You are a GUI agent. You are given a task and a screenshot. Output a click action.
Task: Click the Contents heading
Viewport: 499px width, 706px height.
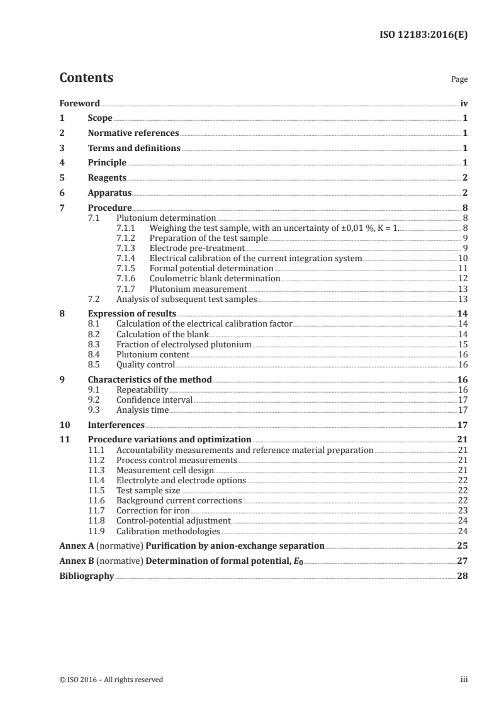[86, 78]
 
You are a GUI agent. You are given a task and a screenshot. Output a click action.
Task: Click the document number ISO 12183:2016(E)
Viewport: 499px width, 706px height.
[423, 35]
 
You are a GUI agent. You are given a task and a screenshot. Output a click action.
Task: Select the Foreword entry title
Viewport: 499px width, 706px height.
[79, 103]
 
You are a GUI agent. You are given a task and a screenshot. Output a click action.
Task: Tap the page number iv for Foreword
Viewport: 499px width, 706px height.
[464, 103]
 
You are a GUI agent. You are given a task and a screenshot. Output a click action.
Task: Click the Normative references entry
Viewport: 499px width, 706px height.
[133, 133]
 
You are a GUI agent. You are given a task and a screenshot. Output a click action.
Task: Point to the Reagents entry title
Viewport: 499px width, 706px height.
[107, 178]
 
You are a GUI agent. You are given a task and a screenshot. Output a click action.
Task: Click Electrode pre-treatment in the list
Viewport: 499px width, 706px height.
[196, 249]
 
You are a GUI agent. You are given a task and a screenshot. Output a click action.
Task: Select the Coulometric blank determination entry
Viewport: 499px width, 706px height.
[215, 278]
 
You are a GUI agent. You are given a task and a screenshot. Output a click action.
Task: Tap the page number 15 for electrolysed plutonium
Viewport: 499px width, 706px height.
[463, 345]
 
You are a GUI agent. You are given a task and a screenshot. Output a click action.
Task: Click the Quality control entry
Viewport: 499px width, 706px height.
[145, 364]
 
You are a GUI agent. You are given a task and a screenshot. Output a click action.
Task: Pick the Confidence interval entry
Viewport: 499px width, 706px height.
[155, 400]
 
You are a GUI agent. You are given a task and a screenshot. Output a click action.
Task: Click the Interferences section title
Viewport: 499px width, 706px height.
[116, 425]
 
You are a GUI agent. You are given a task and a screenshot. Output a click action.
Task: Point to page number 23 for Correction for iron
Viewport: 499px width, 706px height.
[463, 510]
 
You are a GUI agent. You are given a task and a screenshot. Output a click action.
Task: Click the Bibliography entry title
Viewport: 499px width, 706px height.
[86, 576]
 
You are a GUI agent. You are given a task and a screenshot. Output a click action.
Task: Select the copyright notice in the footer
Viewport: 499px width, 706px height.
[111, 680]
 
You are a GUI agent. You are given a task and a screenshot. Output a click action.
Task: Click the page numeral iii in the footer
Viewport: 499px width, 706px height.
[464, 680]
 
